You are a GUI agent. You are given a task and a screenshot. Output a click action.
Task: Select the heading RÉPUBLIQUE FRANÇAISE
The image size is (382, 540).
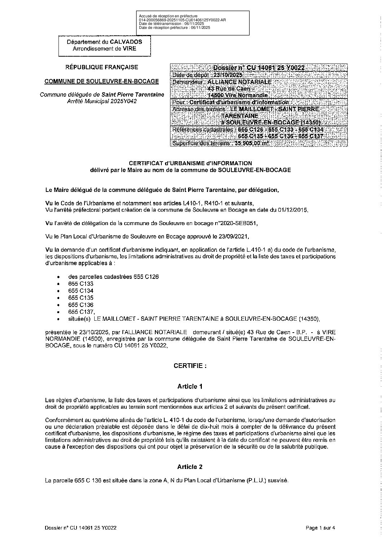101,67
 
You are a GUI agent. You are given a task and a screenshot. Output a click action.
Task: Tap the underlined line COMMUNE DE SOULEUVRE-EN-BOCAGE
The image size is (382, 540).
101,81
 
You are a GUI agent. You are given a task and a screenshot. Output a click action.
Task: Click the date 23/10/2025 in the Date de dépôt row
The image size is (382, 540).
228,75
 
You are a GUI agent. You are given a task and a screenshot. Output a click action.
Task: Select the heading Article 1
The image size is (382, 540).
190,386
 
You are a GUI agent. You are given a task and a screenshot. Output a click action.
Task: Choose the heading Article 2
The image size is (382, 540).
190,467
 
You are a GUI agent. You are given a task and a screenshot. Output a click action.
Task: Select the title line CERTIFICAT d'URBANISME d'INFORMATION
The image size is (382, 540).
190,163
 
